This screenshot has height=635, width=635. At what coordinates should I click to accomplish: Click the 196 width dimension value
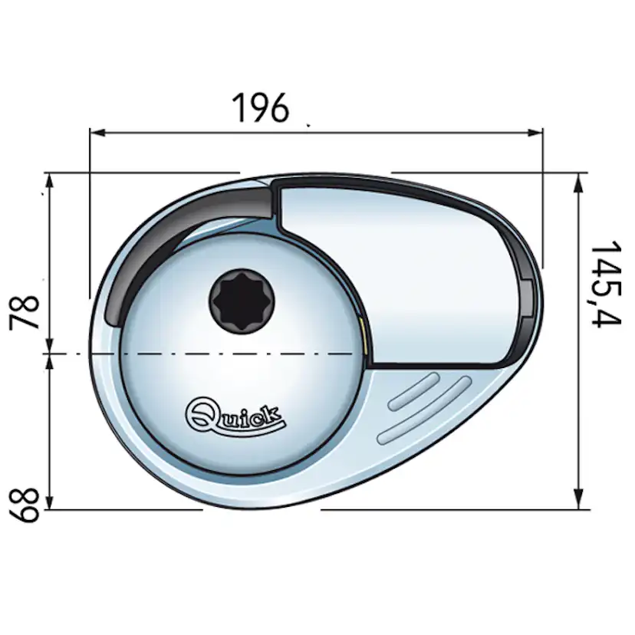(261, 107)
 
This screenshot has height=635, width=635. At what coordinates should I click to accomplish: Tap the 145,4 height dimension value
(605, 283)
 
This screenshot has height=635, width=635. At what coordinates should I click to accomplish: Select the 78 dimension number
(28, 311)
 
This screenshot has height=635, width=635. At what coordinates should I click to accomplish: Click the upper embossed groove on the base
(414, 391)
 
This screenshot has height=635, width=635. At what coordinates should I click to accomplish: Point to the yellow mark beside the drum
(361, 335)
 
